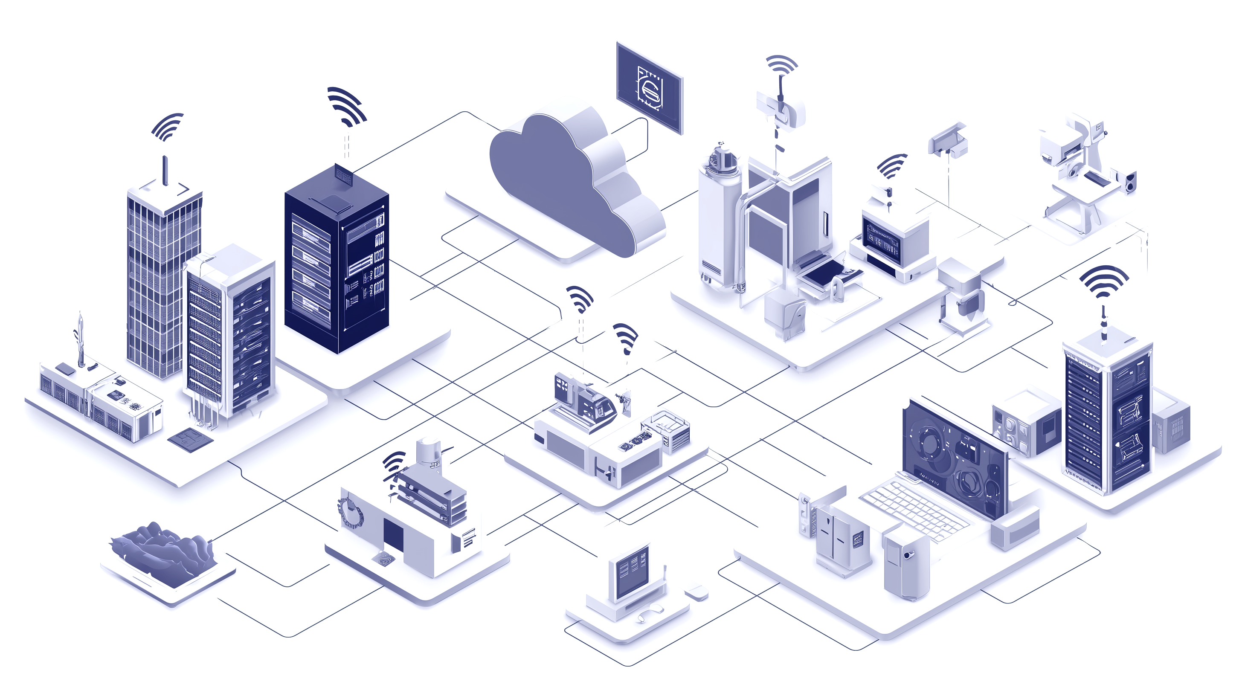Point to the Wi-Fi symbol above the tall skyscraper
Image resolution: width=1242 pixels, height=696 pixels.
tap(167, 127)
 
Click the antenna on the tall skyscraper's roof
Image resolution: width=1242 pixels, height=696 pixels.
tap(165, 170)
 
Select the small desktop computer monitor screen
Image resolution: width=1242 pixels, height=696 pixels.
tap(630, 572)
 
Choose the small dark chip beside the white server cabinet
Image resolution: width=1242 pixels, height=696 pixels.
tap(191, 438)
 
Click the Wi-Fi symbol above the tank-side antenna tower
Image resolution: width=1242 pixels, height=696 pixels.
tap(781, 65)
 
